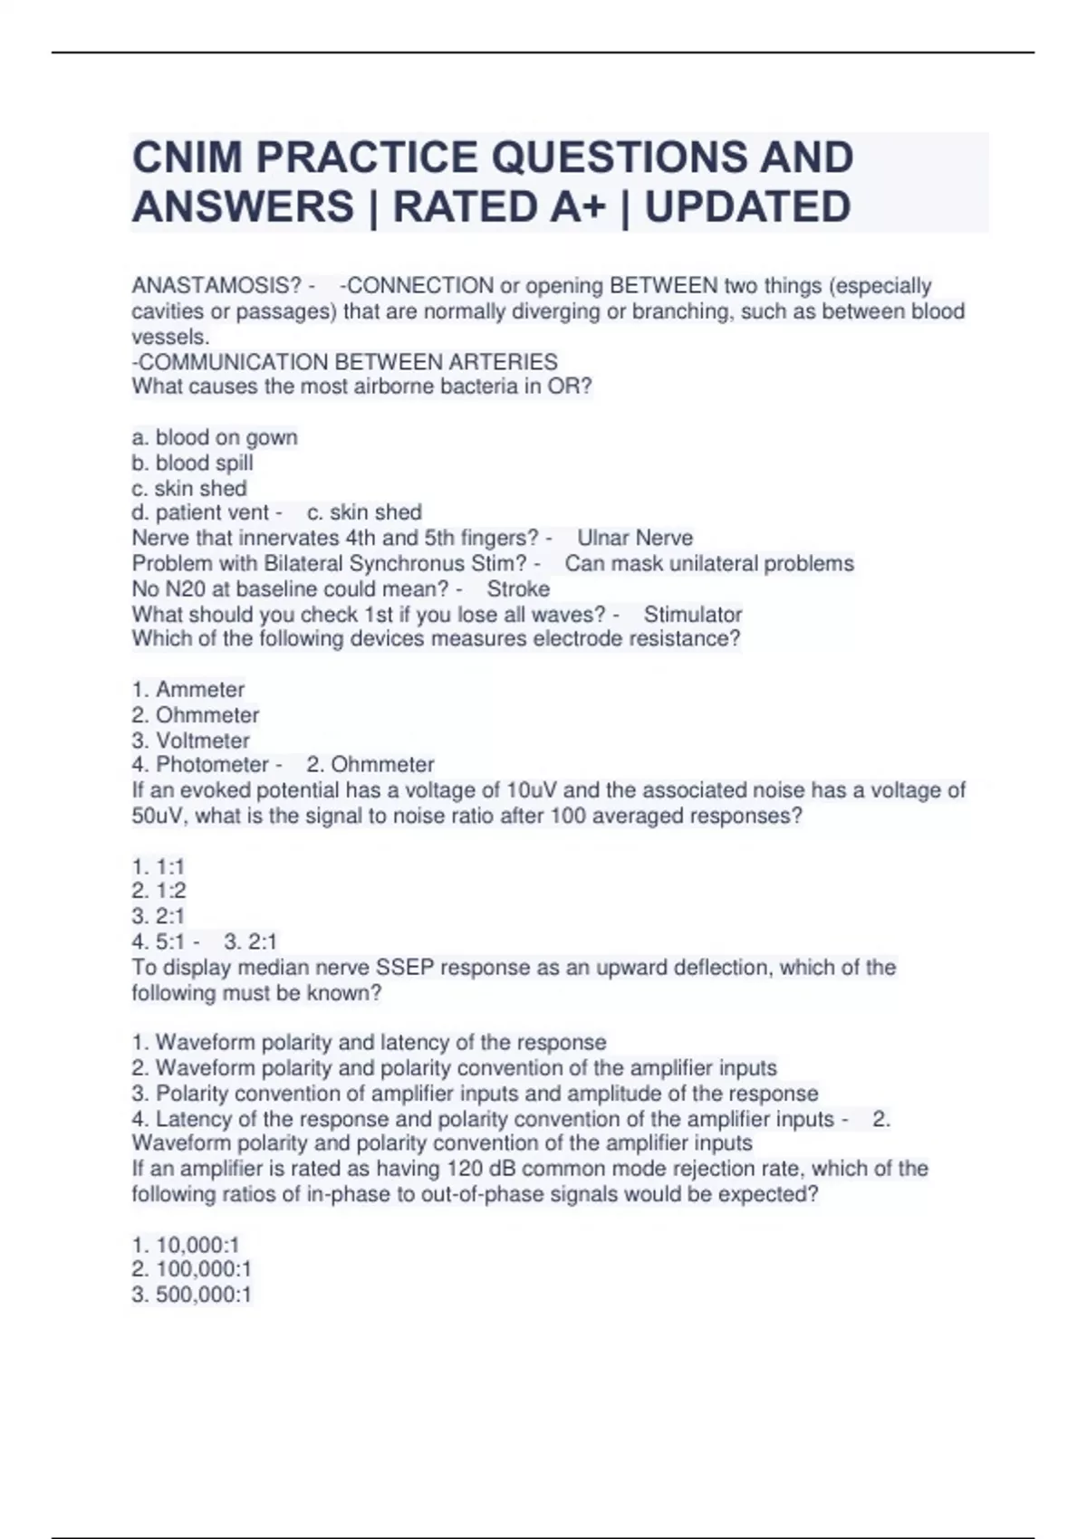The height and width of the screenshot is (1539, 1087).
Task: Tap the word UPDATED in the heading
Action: [x=747, y=206]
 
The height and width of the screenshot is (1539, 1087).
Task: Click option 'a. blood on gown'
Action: [x=215, y=437]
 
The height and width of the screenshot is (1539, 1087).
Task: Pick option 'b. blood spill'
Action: [x=192, y=463]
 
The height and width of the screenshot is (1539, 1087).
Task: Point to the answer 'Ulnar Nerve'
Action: [x=635, y=538]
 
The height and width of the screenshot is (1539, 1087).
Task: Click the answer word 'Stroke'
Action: [x=518, y=588]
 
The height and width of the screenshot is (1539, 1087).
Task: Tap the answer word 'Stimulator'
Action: [x=693, y=614]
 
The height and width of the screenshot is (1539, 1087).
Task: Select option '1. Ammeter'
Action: [x=188, y=689]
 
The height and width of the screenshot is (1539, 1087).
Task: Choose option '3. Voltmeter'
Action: [x=190, y=740]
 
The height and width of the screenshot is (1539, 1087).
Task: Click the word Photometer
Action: [x=213, y=764]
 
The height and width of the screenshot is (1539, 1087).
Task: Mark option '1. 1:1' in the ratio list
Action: [x=159, y=866]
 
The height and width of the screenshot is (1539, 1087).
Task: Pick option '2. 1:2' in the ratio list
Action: [x=159, y=890]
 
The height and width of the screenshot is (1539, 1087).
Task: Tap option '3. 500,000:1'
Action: [x=191, y=1295]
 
